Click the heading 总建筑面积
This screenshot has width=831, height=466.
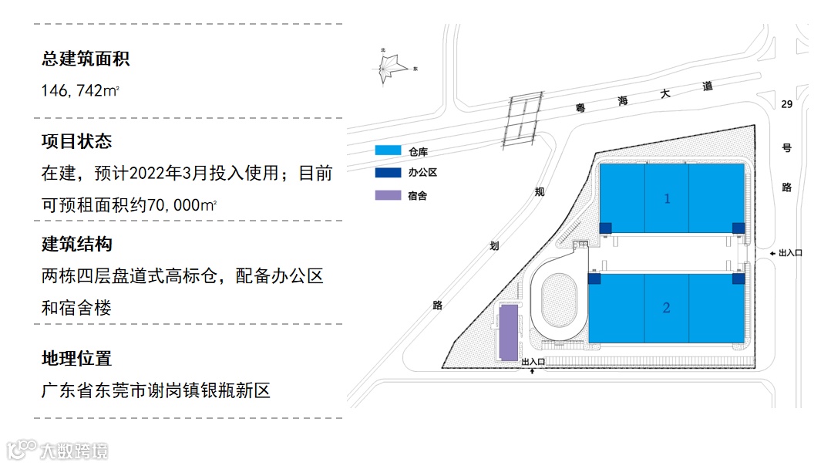point(86,59)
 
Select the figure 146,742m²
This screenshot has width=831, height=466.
point(80,91)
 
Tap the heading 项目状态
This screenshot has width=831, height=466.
point(77,141)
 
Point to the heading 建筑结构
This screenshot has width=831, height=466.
point(77,244)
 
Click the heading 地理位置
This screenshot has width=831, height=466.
point(77,358)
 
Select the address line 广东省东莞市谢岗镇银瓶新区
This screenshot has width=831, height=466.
point(156,390)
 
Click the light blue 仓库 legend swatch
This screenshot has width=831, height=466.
point(388,150)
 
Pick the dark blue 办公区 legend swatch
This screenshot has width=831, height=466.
point(388,173)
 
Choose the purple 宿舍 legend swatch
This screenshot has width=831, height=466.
point(388,195)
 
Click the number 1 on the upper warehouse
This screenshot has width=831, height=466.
point(668,199)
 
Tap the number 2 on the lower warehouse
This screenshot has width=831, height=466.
point(667,308)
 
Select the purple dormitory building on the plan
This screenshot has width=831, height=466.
point(508,332)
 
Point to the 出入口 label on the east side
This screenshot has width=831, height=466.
point(790,252)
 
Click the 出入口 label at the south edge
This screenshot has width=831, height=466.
point(533,361)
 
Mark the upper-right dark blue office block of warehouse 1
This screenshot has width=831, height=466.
point(738,227)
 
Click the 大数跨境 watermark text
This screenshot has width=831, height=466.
point(74,449)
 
